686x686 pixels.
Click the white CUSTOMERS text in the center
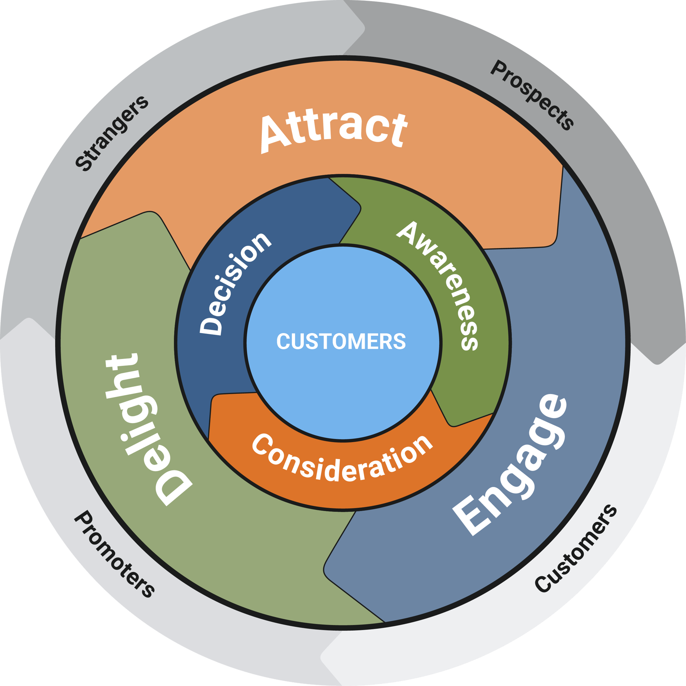click(x=341, y=341)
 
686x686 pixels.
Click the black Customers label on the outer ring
click(x=575, y=549)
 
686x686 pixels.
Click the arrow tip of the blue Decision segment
click(x=360, y=208)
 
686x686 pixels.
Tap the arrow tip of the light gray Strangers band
click(x=364, y=28)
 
